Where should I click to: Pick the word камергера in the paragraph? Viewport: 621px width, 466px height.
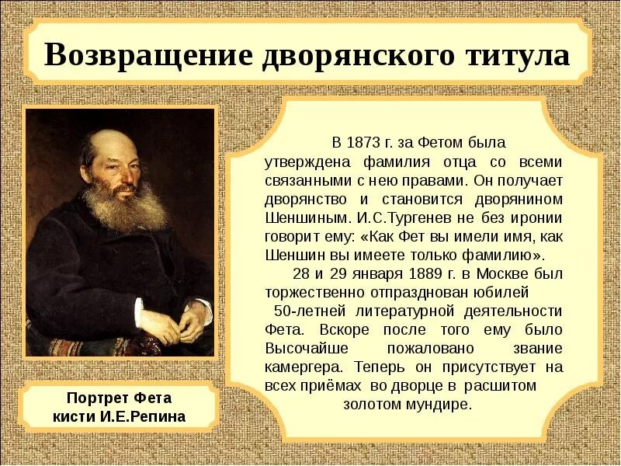tap(302, 367)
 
